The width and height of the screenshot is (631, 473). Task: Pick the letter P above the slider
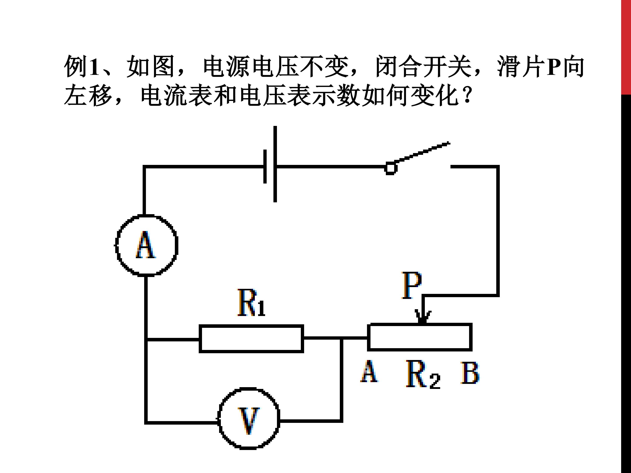pos(411,285)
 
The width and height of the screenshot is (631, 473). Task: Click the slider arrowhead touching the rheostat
pos(423,317)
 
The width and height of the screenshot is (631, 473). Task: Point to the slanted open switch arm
pos(422,153)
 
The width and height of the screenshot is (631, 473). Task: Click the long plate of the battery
pos(275,164)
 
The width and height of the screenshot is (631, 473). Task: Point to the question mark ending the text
pos(467,95)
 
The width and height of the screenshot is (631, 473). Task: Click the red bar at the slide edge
pos(626,47)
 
